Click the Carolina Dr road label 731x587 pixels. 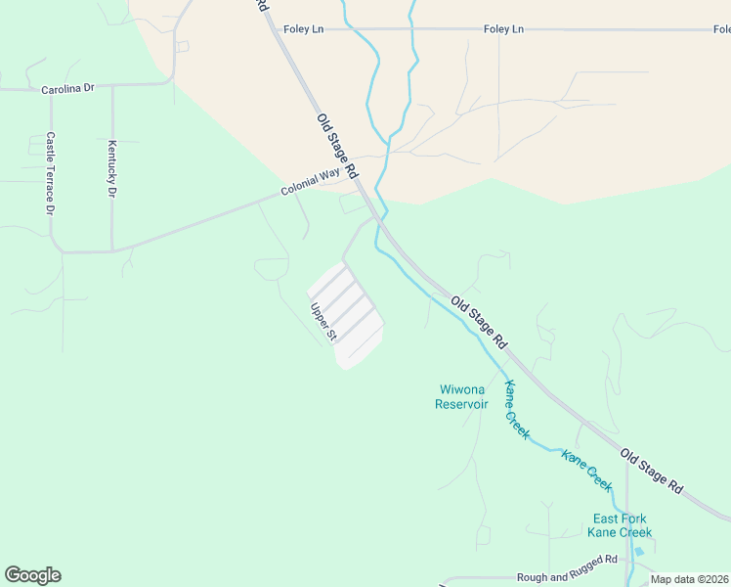point(67,89)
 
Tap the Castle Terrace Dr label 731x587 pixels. point(50,174)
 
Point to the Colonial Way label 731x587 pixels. point(310,182)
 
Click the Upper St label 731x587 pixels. point(323,322)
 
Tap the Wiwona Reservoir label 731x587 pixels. point(461,396)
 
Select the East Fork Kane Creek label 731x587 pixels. point(620,525)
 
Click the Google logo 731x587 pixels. point(32,575)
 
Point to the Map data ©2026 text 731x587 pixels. point(690,579)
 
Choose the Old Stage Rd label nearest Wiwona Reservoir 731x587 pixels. point(479,322)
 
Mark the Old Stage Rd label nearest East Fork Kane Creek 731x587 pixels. point(651,471)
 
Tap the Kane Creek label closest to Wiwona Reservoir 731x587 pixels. point(517,408)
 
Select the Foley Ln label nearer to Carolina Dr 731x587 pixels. point(303,29)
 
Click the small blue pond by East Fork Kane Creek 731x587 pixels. point(639,551)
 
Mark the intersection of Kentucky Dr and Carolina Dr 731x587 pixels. point(112,86)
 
